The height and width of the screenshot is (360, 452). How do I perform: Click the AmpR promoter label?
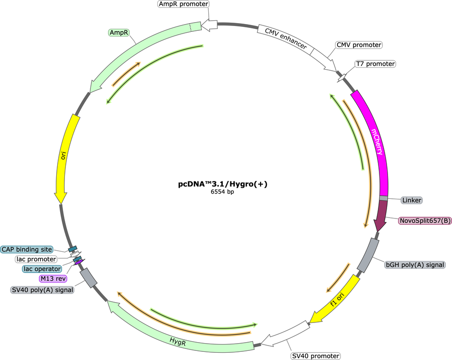[x=184, y=4]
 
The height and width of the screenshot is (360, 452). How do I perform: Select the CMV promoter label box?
[x=359, y=45]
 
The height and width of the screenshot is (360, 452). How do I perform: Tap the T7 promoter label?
[x=375, y=64]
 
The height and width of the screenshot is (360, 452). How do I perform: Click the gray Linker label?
[x=412, y=200]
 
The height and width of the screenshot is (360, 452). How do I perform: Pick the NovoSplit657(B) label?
[x=425, y=221]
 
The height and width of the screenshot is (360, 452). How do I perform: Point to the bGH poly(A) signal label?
[x=415, y=265]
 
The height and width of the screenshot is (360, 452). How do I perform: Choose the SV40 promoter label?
[x=315, y=356]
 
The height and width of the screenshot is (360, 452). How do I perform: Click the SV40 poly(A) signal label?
[x=42, y=290]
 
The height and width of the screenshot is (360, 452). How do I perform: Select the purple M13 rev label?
[x=53, y=279]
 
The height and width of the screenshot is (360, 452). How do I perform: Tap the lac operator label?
[x=42, y=269]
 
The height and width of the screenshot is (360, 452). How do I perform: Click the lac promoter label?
[x=36, y=259]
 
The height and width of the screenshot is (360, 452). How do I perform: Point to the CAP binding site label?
[x=27, y=249]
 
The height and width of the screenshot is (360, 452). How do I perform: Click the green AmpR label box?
[x=119, y=33]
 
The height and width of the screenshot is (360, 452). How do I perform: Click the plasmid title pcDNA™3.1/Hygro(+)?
[x=223, y=184]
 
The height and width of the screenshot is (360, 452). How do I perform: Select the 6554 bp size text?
[x=222, y=192]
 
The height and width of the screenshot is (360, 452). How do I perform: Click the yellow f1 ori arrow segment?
[x=337, y=300]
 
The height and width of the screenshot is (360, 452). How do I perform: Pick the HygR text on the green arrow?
[x=177, y=342]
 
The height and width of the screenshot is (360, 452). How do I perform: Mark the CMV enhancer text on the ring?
[x=286, y=39]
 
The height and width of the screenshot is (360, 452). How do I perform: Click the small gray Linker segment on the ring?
[x=383, y=198]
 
